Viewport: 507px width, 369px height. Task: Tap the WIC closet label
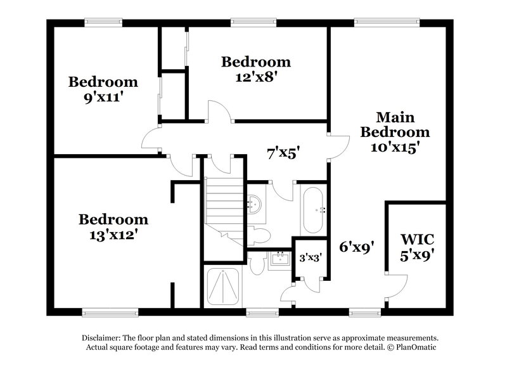click(x=416, y=240)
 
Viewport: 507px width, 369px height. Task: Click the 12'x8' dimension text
click(x=255, y=75)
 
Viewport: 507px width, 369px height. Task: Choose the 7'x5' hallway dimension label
click(x=283, y=152)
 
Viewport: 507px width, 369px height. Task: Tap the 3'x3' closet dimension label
click(x=311, y=257)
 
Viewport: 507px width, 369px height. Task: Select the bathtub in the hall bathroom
click(x=313, y=209)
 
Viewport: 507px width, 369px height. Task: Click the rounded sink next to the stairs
click(x=253, y=204)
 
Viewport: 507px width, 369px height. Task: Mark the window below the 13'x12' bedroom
click(x=101, y=312)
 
